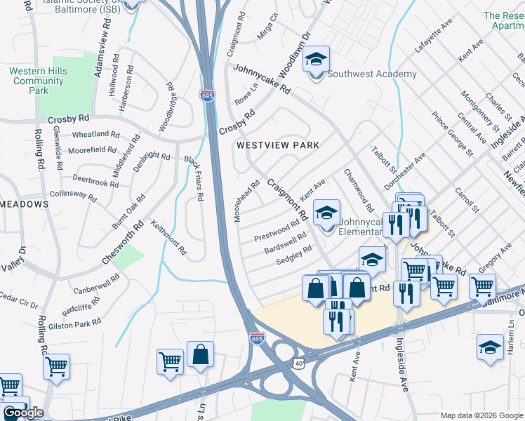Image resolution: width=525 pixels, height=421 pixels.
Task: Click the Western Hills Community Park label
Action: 39,81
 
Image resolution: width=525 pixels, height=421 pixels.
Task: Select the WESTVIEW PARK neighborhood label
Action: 277,145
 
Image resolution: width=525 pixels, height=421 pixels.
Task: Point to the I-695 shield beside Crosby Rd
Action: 208,96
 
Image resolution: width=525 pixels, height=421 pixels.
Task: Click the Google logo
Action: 23,413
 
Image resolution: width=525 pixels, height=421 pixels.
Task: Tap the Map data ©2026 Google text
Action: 481,415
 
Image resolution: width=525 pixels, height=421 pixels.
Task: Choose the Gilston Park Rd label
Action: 77,323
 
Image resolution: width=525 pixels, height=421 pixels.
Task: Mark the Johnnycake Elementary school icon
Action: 326,213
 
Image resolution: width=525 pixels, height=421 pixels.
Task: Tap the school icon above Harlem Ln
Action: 490,347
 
